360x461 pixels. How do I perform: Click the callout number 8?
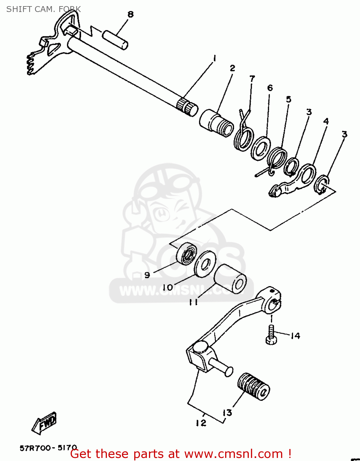pos(131,14)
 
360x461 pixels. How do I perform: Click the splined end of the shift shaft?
pos(187,107)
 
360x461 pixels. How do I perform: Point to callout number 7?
pos(252,79)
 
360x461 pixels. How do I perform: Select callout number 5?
pos(288,99)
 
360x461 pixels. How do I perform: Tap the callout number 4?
pos(326,121)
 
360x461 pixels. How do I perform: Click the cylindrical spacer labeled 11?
pos(230,279)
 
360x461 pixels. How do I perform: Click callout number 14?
pos(295,336)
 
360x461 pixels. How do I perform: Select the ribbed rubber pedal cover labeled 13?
pos(253,387)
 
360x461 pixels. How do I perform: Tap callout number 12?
pos(201,423)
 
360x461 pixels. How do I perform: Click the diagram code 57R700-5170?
pos(49,448)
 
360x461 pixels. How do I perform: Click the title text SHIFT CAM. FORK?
pos(43,9)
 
